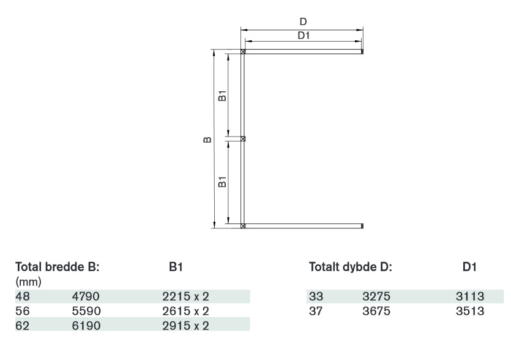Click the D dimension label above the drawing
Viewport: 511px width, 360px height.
point(303,22)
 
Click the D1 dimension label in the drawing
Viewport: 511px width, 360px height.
point(304,36)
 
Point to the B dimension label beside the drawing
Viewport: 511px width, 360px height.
point(207,140)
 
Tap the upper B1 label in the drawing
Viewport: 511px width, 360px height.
point(222,96)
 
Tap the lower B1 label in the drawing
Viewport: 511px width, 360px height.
point(222,182)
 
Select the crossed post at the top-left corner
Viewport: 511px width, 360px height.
point(243,51)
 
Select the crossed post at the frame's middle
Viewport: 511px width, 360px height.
point(243,138)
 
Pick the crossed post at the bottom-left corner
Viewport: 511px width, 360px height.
point(243,226)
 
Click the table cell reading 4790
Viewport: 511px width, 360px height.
point(86,296)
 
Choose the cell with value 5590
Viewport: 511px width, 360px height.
point(86,311)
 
